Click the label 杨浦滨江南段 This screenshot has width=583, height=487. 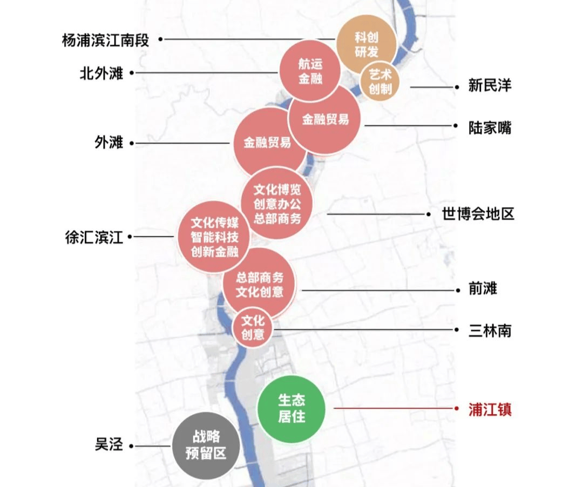click(105, 40)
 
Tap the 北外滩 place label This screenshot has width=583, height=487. click(101, 73)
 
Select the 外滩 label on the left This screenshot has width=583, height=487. click(109, 143)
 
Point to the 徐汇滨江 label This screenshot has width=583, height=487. click(94, 237)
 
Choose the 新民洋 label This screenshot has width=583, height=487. click(490, 86)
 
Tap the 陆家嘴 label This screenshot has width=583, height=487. click(490, 127)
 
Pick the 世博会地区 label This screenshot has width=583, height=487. click(478, 214)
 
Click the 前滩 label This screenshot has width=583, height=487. click(483, 289)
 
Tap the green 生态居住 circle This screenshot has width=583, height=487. click(291, 408)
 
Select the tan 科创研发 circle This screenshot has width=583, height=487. click(367, 45)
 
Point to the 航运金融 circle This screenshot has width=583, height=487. click(310, 71)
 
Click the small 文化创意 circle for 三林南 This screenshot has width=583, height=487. click(253, 327)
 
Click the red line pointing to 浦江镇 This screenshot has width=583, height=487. click(394, 408)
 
